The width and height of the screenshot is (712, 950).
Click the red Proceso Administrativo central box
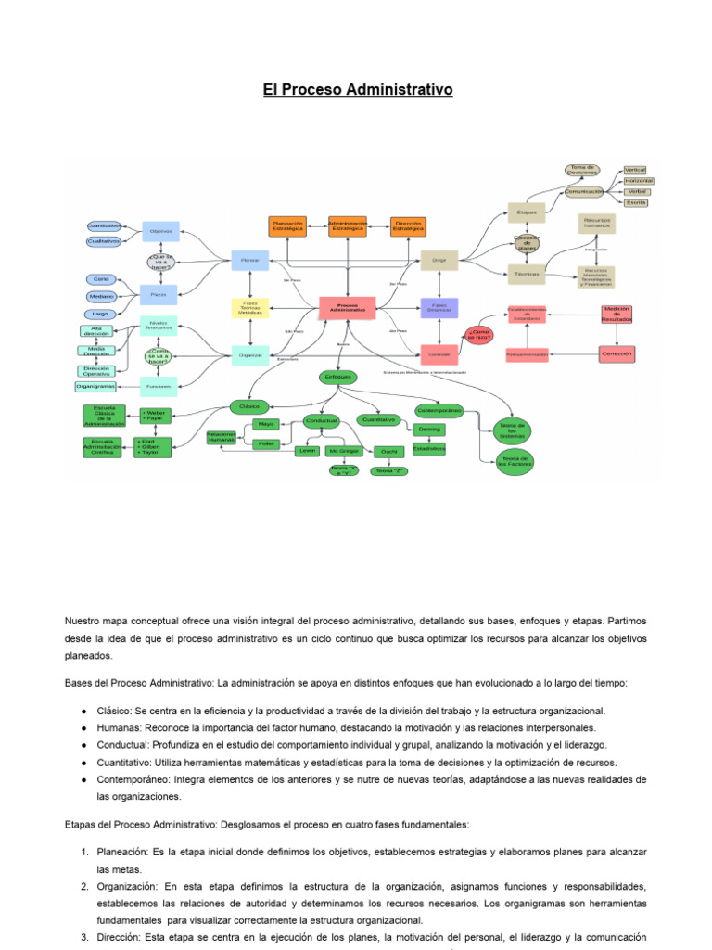point(347,307)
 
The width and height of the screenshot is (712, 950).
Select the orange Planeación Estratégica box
point(288,225)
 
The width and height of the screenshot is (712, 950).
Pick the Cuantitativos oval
point(103,225)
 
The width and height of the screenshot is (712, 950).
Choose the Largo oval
point(99,314)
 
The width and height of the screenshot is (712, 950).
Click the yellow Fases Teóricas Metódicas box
point(249,307)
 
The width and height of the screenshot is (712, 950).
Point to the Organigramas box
point(95,385)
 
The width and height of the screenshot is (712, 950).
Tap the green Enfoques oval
point(337,377)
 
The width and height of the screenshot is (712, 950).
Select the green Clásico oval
point(248,406)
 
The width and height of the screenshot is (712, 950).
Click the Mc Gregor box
point(343,451)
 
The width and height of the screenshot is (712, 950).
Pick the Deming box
point(429,430)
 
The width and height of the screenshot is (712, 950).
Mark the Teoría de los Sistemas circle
point(512,430)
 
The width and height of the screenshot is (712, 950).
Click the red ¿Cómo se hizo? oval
point(479,335)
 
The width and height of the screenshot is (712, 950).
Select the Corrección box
point(617,353)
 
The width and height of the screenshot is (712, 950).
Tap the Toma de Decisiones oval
point(582,170)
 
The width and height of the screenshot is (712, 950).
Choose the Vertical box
point(635,170)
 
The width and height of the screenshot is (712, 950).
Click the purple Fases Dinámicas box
point(439,307)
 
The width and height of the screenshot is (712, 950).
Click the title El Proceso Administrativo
point(356,90)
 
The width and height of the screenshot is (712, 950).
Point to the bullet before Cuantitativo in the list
point(84,763)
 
